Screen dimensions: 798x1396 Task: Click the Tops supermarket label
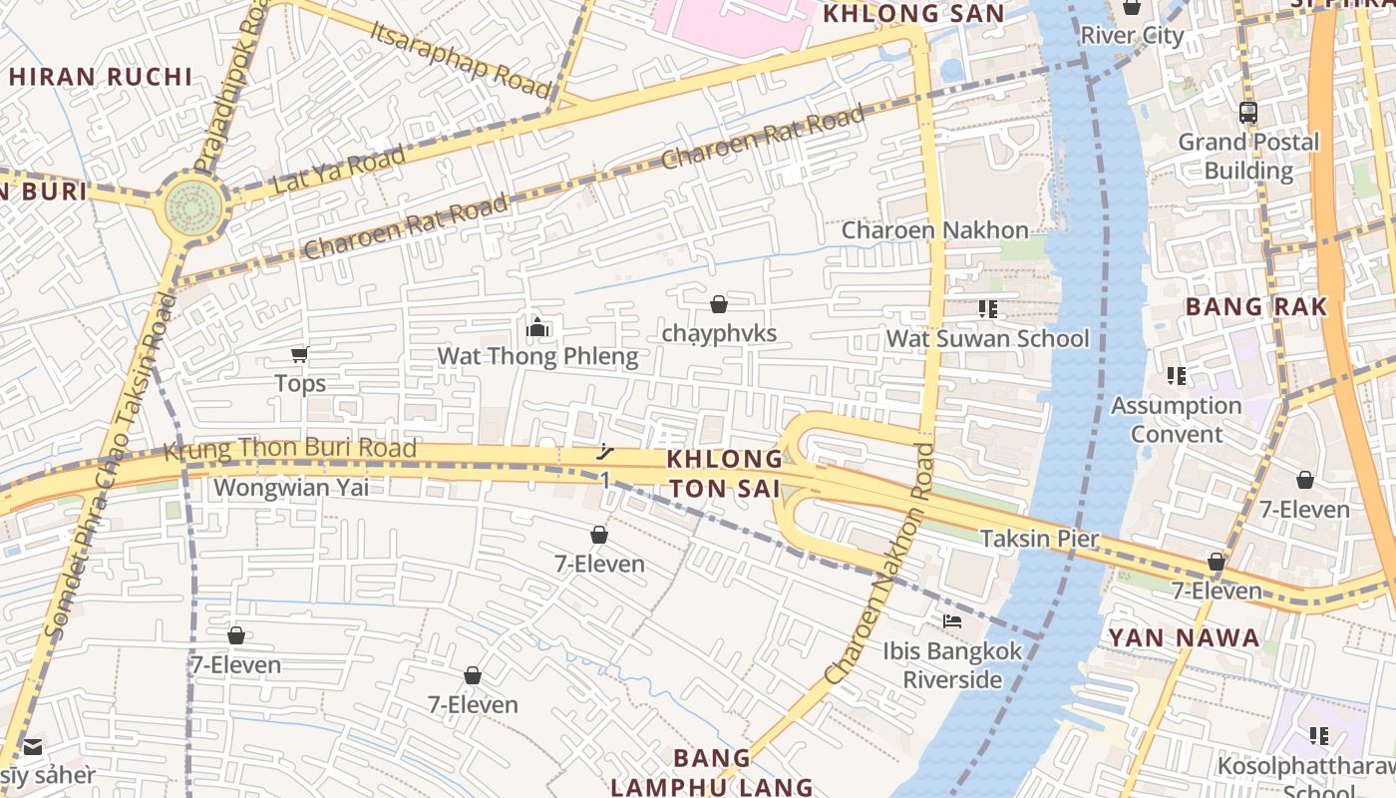[300, 383]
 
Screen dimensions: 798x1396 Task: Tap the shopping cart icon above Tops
[299, 354]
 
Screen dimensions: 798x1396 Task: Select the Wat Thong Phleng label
[537, 356]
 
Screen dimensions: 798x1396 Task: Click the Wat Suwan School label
[987, 338]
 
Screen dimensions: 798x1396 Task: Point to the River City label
[1132, 36]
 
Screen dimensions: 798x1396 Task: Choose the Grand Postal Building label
[1248, 156]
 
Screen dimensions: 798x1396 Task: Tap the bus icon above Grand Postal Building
[1247, 113]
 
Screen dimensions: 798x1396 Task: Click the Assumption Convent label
[1177, 420]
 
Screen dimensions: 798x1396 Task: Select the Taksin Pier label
[1040, 539]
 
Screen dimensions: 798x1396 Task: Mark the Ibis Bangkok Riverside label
[952, 665]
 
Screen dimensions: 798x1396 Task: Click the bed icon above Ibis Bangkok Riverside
[952, 620]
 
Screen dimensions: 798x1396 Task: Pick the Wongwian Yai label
[291, 488]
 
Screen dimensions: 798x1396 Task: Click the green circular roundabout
[192, 206]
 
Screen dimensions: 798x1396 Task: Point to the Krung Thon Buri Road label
[289, 450]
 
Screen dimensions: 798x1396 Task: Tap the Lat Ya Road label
[339, 170]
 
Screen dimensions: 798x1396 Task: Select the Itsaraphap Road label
[460, 59]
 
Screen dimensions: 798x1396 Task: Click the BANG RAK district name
[1256, 306]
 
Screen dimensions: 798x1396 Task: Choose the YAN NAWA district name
[1185, 637]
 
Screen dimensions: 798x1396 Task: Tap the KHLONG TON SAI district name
[725, 473]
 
